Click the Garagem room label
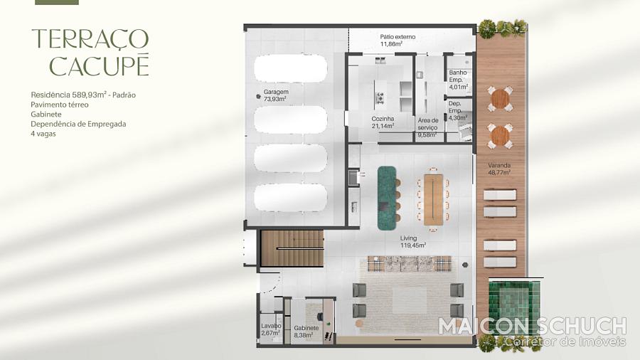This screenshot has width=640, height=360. (276, 95)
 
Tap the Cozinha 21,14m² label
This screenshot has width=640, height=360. (383, 122)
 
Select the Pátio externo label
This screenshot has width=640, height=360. (398, 41)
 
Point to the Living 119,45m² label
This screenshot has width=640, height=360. (412, 242)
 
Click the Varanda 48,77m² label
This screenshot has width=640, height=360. (499, 169)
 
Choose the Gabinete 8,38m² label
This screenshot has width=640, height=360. (306, 332)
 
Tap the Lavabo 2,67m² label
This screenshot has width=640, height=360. (271, 329)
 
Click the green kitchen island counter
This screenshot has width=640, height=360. (387, 198)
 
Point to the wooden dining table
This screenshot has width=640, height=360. (434, 200)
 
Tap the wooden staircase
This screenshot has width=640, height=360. (292, 248)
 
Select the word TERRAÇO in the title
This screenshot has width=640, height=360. (90, 39)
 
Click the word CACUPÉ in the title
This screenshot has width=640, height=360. (99, 66)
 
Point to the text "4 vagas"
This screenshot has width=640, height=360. (43, 134)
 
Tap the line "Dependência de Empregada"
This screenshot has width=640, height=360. (78, 124)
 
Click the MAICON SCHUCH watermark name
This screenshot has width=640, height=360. (532, 327)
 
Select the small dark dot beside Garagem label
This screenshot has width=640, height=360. (258, 96)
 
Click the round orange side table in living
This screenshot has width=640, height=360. (359, 324)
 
